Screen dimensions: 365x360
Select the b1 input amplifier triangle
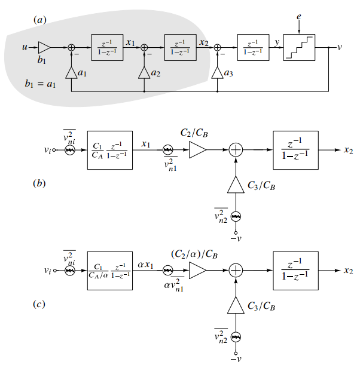coord(45,47)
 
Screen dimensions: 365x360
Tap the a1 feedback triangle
coord(71,72)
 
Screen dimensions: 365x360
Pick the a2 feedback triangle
coord(144,72)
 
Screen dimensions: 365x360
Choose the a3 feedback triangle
coord(218,72)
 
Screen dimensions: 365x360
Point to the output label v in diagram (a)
coord(340,47)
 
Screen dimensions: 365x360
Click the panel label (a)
coord(40,20)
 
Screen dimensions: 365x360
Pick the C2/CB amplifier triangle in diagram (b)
coord(197,151)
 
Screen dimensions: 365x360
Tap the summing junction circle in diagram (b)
coord(236,151)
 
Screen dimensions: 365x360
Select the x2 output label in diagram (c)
coord(348,271)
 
